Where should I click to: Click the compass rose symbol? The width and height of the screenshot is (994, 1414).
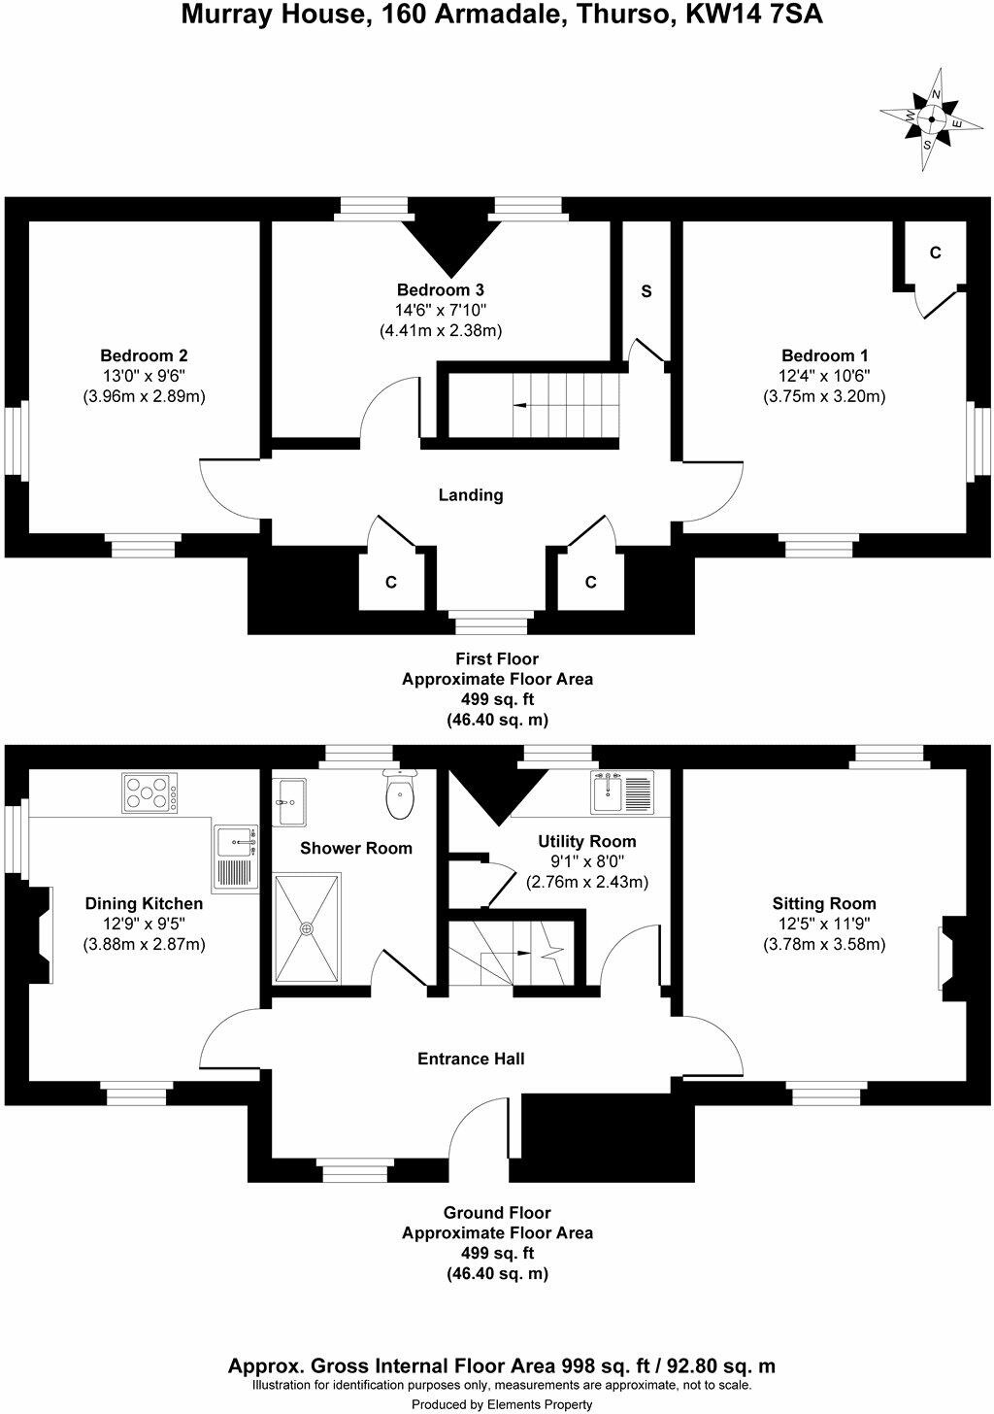point(931,120)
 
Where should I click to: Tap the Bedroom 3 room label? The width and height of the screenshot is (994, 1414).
point(440,289)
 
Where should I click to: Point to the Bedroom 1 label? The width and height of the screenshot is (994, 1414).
point(824,355)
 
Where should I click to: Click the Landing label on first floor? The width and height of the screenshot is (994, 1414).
point(471,495)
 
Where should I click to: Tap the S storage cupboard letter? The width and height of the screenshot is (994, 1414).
point(646,291)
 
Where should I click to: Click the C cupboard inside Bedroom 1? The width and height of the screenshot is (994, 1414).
point(935,252)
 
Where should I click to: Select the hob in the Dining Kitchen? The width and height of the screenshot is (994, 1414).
point(150,793)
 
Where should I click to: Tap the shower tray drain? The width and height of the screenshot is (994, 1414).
point(308,928)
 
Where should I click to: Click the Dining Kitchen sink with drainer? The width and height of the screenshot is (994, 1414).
point(235,857)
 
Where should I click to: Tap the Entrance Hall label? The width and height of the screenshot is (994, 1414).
point(471,1059)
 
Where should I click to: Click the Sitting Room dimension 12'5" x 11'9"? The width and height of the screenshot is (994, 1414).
point(824,924)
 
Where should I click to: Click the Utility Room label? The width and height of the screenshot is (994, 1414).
point(587,841)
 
